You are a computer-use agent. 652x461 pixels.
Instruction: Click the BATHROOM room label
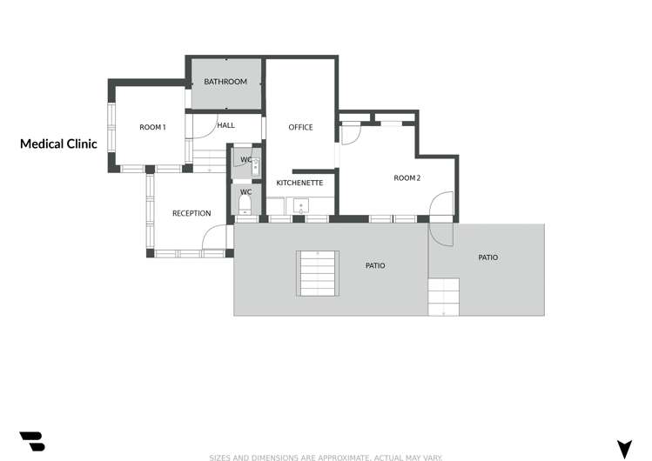pos(225,82)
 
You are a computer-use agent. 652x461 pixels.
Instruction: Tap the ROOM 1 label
pos(152,128)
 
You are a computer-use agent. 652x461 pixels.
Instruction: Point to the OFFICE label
pos(300,128)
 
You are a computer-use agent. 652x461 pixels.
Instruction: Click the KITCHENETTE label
pos(299,184)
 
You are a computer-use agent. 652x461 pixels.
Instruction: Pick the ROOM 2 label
pos(407,178)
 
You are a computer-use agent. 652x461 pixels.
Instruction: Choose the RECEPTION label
pos(192,214)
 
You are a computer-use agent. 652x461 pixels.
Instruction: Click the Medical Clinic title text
pos(58,144)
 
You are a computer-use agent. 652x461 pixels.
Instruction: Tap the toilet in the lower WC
pos(245,204)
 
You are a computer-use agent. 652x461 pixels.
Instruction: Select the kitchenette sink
pos(300,206)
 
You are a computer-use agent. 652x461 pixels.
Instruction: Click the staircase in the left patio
pos(317,273)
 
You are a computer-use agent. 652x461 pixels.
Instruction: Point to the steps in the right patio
pos(443,296)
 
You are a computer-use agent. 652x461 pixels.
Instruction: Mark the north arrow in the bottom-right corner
pos(624,448)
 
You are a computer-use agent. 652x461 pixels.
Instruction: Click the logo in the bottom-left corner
pos(31,441)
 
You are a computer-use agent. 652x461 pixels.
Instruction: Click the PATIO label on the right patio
pos(488,257)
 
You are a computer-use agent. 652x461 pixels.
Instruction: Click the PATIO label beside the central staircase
pos(374,265)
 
